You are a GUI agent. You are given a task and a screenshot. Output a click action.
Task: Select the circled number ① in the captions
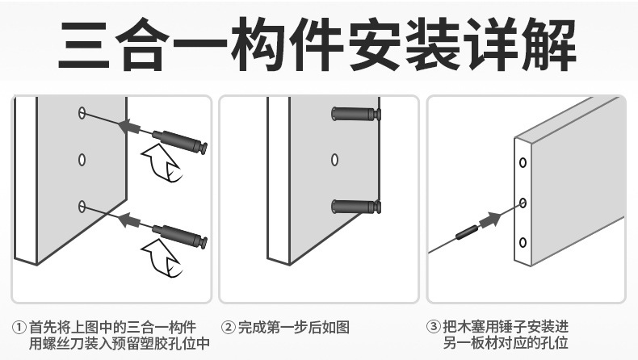tap(19, 329)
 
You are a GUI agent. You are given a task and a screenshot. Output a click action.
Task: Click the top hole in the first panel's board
tap(82, 112)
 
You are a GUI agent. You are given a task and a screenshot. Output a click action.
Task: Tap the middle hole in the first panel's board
tap(82, 159)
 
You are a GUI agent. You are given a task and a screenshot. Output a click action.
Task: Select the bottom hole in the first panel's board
tap(82, 207)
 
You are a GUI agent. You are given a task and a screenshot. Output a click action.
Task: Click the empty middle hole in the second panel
tap(334, 159)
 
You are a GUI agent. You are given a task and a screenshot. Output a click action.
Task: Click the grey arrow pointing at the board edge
tap(490, 218)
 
